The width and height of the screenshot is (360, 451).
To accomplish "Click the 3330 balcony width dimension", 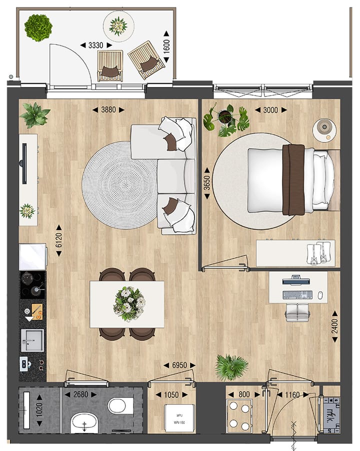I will click(95, 45).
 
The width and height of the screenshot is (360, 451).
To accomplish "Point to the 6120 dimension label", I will click(58, 240).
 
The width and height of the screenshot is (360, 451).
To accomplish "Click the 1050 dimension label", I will click(171, 395).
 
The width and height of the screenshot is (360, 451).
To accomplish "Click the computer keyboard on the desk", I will click(297, 295).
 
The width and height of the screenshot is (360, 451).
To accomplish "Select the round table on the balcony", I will click(118, 23).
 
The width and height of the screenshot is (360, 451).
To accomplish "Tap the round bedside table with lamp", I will click(324, 129).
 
